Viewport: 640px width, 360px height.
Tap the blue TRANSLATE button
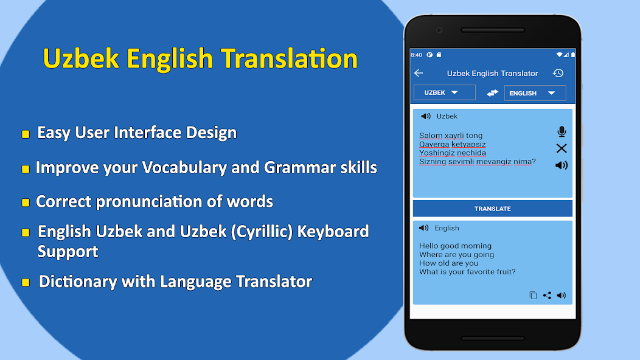[492, 209]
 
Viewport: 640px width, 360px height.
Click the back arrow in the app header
[419, 73]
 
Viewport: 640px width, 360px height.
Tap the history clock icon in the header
[558, 73]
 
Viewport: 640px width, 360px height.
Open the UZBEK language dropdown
[444, 92]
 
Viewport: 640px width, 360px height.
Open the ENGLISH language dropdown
[535, 93]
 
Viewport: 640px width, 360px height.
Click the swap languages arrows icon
[492, 93]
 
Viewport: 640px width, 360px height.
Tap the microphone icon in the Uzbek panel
[562, 131]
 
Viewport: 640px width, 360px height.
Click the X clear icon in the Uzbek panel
[562, 148]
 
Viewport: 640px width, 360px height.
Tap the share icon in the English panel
[547, 296]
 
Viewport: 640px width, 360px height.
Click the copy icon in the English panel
[533, 296]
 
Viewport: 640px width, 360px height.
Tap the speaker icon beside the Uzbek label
[426, 116]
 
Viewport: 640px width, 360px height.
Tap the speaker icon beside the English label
[424, 228]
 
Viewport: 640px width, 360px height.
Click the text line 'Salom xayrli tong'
[450, 136]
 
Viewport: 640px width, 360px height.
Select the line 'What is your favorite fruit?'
[467, 272]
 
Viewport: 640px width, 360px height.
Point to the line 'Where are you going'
[456, 255]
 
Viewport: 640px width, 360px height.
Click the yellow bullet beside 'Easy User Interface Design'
[26, 134]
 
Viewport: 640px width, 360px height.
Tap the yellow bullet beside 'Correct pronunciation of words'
[26, 202]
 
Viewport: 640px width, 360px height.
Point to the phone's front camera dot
[439, 29]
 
